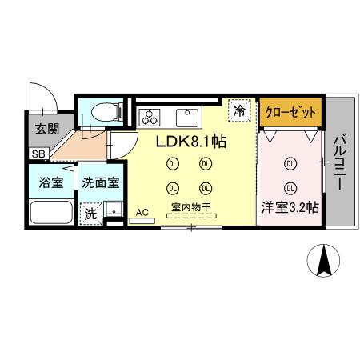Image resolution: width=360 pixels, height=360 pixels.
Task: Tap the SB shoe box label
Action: click(38, 153)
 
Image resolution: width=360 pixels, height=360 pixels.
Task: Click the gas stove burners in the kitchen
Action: click(150, 118)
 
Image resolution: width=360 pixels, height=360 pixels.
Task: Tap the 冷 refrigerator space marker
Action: click(238, 111)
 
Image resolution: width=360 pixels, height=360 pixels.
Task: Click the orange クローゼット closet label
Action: click(291, 111)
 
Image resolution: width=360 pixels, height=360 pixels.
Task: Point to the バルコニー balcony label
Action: click(338, 161)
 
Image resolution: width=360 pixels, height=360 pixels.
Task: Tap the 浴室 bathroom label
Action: click(51, 182)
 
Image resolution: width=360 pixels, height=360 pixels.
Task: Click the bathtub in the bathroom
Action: click(51, 213)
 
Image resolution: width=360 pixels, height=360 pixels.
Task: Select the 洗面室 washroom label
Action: click(101, 182)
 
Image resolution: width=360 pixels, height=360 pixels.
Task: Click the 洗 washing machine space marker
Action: click(91, 214)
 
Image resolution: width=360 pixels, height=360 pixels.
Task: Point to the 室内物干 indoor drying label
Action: click(190, 208)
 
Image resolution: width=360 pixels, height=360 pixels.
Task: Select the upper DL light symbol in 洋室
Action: click(290, 163)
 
